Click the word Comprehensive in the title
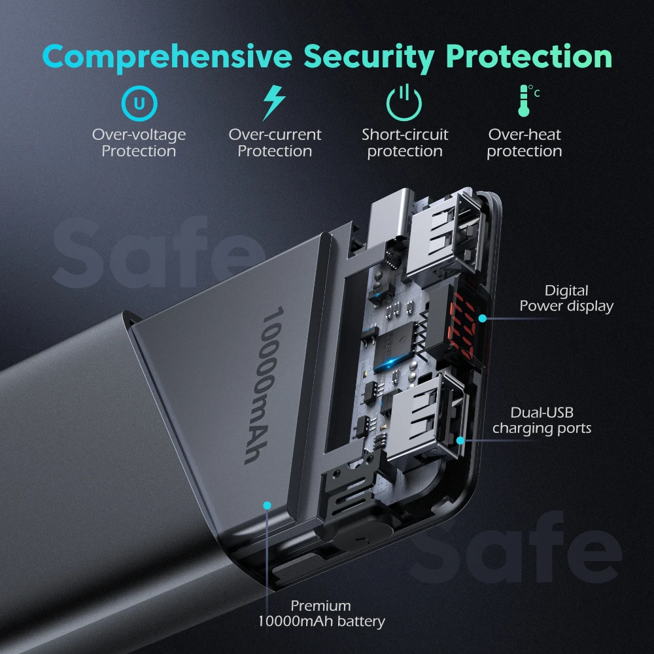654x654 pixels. click(x=167, y=58)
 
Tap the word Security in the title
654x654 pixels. click(x=369, y=58)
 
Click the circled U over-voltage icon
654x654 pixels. click(x=139, y=103)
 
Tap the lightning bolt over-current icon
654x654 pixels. click(x=273, y=103)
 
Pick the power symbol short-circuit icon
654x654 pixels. click(x=405, y=103)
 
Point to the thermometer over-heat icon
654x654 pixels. click(x=525, y=101)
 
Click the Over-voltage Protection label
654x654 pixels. click(x=139, y=143)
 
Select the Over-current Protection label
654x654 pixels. click(x=275, y=143)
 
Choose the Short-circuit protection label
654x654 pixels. click(x=405, y=143)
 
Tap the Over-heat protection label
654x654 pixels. click(x=525, y=143)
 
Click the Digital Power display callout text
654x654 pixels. click(x=566, y=298)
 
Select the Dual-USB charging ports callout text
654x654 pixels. click(x=542, y=421)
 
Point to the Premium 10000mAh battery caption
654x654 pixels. click(x=321, y=613)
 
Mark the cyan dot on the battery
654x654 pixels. click(x=267, y=505)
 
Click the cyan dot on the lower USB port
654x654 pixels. click(x=460, y=441)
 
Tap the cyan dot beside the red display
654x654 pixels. click(x=482, y=318)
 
